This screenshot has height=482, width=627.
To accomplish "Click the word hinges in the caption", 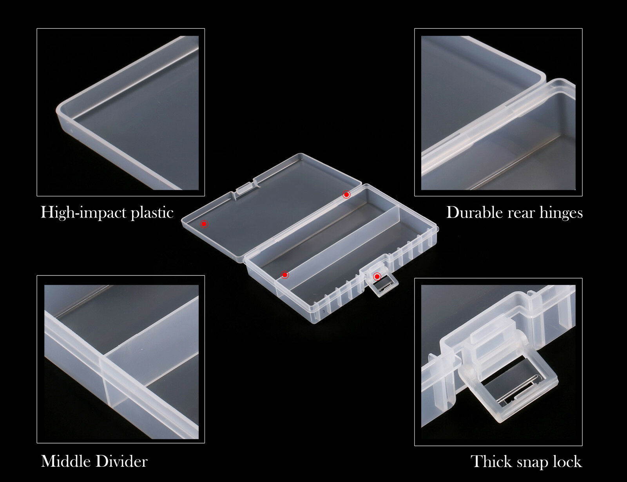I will pos(561,213).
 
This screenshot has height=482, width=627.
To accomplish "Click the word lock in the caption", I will pos(567,461).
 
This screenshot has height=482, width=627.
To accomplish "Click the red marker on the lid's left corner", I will pos(204,224).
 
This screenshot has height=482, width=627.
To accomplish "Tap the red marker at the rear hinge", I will pos(346,194).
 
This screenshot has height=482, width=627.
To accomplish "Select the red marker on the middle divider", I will pos(285,275).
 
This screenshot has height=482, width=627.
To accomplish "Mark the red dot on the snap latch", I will pos(377,276).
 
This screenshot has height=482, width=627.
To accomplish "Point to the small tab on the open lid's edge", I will pos(245,187).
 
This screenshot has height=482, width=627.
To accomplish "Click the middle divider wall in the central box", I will pos(345,243).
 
